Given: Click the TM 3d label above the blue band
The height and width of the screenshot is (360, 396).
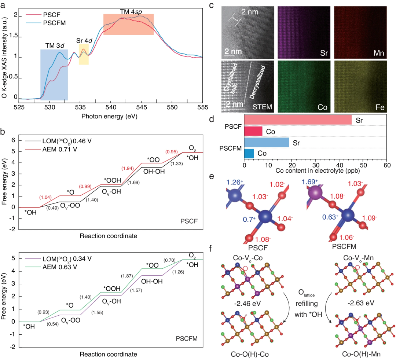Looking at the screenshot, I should coord(55,45).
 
